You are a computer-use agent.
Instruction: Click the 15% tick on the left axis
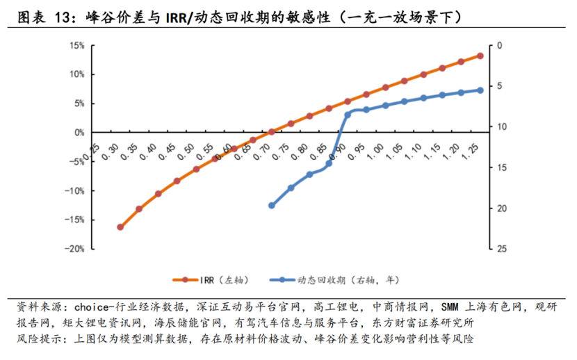tap(76, 46)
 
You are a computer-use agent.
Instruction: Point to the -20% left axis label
tap(75, 249)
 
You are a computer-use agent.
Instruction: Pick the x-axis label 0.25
tap(92, 147)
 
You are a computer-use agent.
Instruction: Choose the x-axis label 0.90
tap(340, 147)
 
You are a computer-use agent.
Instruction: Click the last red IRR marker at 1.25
tap(480, 56)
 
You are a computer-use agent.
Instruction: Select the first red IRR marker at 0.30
tap(120, 227)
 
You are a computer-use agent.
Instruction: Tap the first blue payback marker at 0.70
tap(272, 206)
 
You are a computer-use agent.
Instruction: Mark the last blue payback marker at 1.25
tap(480, 90)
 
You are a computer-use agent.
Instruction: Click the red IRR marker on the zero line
tap(272, 131)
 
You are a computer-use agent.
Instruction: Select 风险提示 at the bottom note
tap(38, 339)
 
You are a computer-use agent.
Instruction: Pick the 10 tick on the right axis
tap(501, 127)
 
